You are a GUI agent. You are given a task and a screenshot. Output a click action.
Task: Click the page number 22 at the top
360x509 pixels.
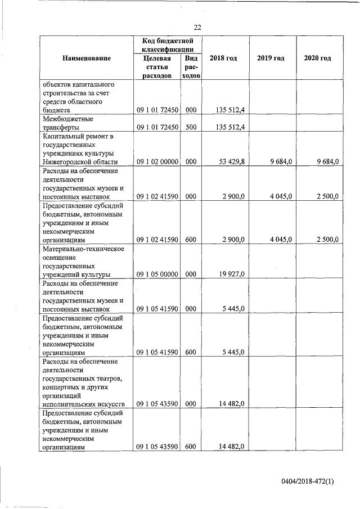click(x=197, y=27)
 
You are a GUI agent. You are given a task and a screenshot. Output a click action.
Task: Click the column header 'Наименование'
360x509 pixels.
click(x=87, y=58)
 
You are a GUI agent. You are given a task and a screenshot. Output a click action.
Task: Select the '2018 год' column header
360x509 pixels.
click(x=223, y=58)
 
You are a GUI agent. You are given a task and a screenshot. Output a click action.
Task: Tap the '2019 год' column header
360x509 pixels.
click(x=271, y=58)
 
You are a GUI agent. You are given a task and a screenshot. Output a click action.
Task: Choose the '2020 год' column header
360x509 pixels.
click(x=317, y=58)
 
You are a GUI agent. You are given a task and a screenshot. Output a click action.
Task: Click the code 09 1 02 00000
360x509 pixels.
click(x=157, y=162)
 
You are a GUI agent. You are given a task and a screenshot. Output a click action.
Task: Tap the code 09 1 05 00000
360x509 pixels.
click(x=157, y=274)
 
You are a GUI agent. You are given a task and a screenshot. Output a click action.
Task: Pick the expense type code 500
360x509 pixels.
click(x=191, y=127)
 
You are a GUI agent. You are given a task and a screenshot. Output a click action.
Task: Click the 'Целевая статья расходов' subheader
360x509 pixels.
click(x=157, y=67)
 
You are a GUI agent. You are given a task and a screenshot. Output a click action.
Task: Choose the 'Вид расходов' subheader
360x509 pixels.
click(x=191, y=67)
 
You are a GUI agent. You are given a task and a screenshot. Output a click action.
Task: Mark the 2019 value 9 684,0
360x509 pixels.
click(x=280, y=162)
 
